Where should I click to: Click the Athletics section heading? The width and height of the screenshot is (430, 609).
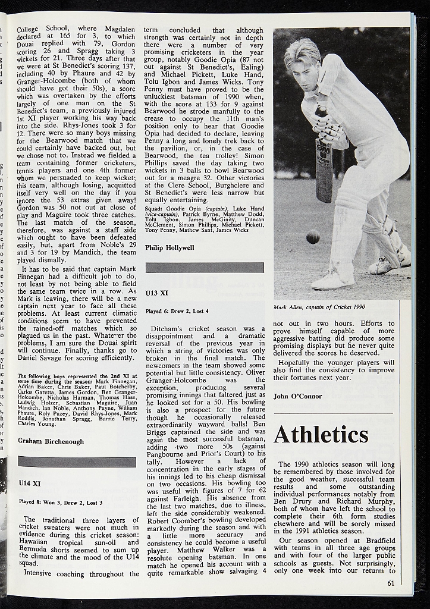click(321, 435)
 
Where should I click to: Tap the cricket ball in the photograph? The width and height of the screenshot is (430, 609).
click(313, 237)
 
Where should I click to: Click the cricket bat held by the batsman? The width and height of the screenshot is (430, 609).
click(324, 167)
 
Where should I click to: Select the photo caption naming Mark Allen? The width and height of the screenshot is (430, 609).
click(319, 307)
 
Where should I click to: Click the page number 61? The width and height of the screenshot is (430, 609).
click(391, 583)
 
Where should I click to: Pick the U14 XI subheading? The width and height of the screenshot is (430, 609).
click(29, 484)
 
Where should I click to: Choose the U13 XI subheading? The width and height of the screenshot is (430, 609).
click(157, 293)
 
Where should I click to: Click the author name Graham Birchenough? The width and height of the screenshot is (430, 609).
click(51, 441)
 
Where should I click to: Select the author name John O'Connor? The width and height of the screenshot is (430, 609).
click(297, 396)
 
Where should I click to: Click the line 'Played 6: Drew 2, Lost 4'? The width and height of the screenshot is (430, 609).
click(177, 311)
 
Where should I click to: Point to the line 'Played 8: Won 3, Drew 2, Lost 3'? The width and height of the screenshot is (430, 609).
click(60, 502)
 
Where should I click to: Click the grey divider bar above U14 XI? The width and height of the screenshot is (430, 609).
click(77, 462)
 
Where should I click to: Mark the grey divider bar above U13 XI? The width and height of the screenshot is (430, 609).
click(205, 268)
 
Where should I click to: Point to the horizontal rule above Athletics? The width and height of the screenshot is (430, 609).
click(333, 413)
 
